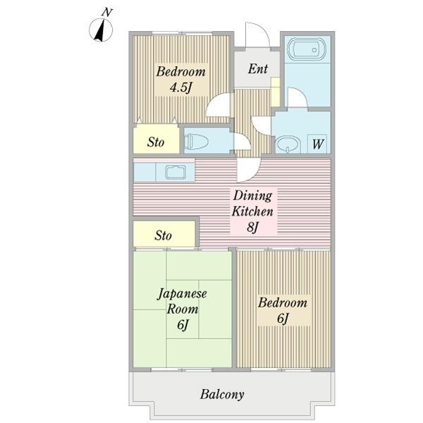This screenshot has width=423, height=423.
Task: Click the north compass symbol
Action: (x=101, y=30)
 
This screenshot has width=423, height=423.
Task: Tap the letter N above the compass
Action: (x=107, y=12)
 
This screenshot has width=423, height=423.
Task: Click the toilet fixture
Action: (x=196, y=141)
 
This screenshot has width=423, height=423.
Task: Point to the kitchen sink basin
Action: (x=176, y=173)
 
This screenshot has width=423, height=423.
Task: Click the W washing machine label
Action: (x=317, y=144)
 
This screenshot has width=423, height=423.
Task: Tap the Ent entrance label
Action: (x=258, y=68)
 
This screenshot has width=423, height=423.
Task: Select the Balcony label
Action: (x=222, y=394)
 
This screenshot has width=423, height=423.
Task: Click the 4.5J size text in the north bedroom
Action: (x=181, y=87)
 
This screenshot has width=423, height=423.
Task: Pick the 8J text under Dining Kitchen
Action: (x=253, y=227)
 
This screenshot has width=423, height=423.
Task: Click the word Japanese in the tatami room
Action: (x=182, y=294)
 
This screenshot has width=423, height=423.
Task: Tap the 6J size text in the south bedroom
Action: (x=283, y=318)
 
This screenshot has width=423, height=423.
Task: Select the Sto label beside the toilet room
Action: (x=156, y=142)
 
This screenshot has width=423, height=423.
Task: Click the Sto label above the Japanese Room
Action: (x=163, y=235)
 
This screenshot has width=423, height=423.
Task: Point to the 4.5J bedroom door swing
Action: (x=212, y=101)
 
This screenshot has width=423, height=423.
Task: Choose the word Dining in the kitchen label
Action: (x=252, y=196)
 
